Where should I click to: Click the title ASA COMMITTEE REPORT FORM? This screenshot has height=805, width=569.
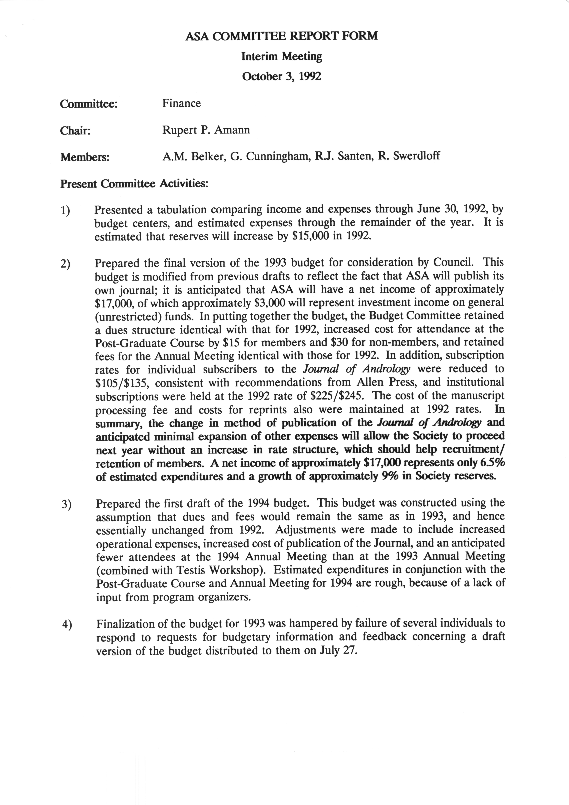pyautogui.click(x=282, y=36)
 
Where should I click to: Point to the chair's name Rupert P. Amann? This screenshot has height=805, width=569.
pyautogui.click(x=206, y=130)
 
